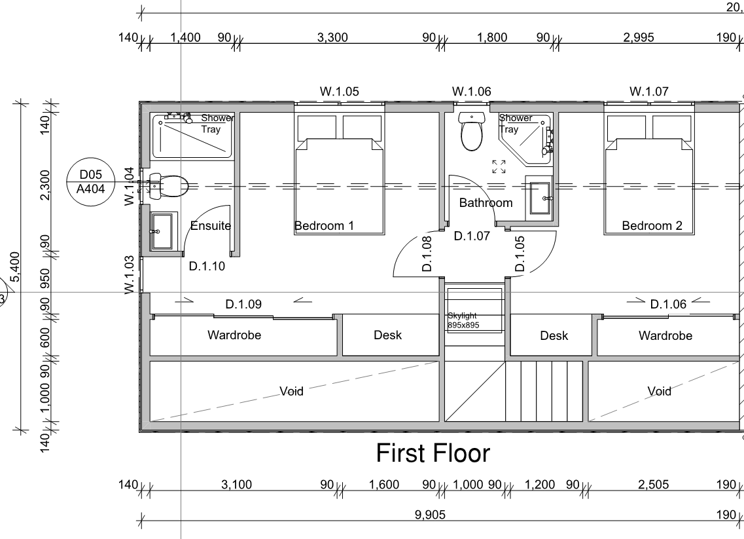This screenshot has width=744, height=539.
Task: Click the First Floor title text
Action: [x=433, y=453]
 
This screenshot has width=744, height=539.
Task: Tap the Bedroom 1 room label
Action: [x=324, y=225]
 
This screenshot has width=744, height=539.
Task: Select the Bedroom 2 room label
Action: [x=652, y=225]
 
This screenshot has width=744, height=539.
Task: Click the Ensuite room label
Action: [x=210, y=225]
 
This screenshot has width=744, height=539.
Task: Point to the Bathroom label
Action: [x=486, y=203]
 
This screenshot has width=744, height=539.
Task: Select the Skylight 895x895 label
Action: [x=463, y=320]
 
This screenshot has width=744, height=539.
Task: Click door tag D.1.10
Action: [x=207, y=266]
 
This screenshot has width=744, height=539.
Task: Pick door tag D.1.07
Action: [x=472, y=236]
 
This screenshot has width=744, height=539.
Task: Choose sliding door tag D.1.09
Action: [x=243, y=304]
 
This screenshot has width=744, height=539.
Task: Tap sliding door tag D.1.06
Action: [x=668, y=304]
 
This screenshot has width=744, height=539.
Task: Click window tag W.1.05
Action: [x=339, y=91]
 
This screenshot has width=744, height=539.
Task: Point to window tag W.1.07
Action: [x=648, y=91]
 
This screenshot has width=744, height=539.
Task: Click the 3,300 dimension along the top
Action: [x=332, y=37]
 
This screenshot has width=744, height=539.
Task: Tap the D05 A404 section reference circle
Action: [x=90, y=182]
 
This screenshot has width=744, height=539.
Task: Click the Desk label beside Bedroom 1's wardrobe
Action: [x=387, y=335]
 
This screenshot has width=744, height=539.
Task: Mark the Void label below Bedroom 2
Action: [x=659, y=391]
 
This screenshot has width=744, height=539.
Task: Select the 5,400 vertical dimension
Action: [x=15, y=267]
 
